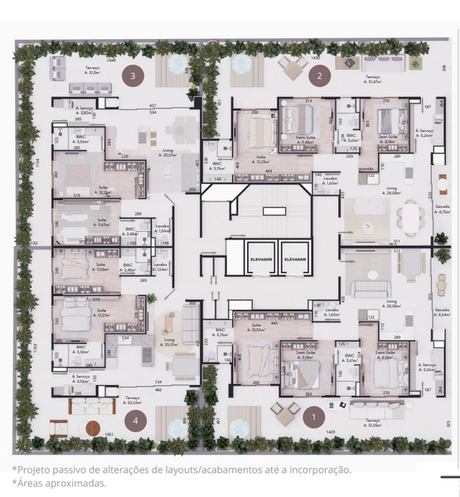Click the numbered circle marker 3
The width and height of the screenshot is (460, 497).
click(x=133, y=75)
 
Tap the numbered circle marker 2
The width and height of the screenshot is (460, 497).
click(x=320, y=77)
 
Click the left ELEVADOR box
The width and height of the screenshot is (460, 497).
click(x=258, y=258)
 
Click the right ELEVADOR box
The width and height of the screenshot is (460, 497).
click(x=294, y=258)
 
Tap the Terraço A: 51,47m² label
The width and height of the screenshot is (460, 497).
click(x=375, y=80)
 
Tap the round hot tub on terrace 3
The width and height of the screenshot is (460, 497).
click(x=176, y=63)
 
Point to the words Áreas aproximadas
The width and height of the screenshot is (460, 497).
click(x=60, y=482)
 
